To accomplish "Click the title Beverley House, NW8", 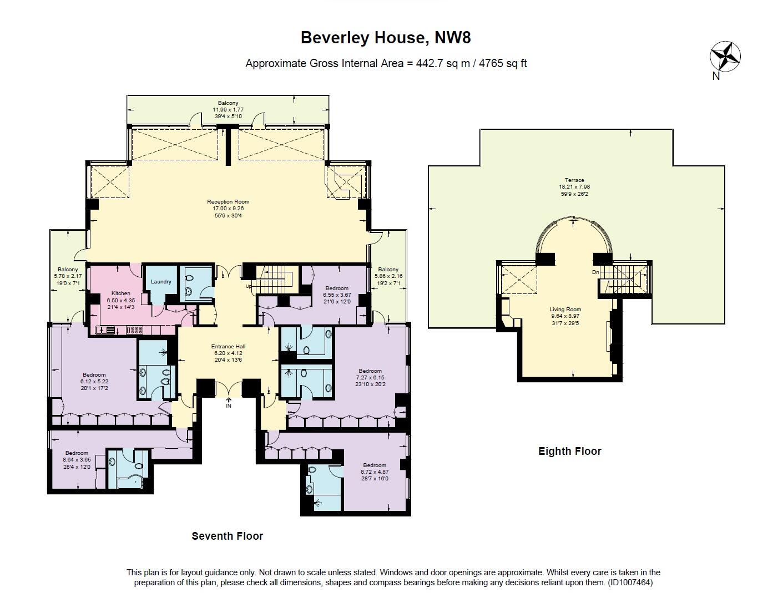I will coord(386,38).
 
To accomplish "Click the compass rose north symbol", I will coord(725,56).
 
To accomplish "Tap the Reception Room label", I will coord(228,202).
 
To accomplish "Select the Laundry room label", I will coord(161,282).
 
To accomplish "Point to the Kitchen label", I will coord(121,293).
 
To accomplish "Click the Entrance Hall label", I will coord(228,346).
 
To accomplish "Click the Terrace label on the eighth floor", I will coord(574,180).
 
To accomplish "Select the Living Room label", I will coord(565,310).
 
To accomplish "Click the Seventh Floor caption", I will coord(227,536).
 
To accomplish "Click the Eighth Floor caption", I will coord(569,451).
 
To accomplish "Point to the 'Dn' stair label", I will coord(595,272).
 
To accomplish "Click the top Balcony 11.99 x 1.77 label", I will coord(228,103).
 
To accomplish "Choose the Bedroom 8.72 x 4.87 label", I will coord(374,465).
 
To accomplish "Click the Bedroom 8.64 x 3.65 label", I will coord(76,453).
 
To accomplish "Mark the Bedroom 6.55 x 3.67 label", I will coord(337,288).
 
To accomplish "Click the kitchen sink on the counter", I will coord(105,330).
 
